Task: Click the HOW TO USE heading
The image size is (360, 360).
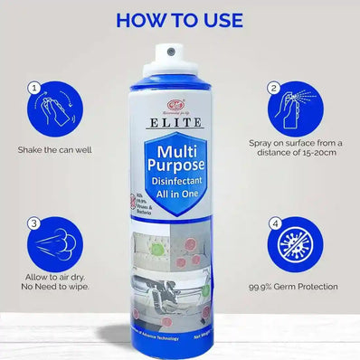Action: coord(180,18)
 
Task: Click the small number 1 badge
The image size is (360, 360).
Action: coord(34,89)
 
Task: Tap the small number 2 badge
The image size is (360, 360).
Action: coord(272,89)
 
